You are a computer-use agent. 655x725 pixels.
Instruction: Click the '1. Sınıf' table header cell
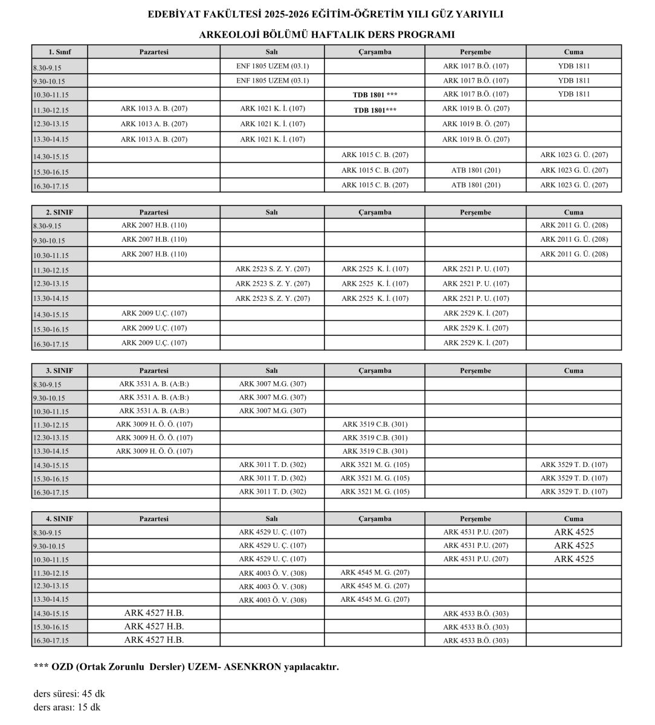(59, 52)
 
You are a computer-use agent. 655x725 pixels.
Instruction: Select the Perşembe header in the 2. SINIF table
(475, 212)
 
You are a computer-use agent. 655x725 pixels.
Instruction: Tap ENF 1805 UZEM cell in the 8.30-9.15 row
(272, 66)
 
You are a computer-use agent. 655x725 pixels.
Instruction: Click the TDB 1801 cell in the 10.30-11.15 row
(375, 95)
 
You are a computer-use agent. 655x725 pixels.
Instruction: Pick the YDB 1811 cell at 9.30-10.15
(573, 80)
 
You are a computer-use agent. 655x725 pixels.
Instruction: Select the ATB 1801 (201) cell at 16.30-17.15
(475, 185)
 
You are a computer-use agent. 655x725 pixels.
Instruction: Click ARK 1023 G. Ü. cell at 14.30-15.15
(573, 155)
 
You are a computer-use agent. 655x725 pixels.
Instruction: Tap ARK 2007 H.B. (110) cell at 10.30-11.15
(153, 254)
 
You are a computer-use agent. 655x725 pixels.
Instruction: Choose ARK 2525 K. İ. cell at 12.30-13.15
(375, 283)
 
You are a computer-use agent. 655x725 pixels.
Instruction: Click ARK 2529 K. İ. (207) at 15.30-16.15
(475, 328)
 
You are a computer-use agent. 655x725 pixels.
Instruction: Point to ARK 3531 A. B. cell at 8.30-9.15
(153, 384)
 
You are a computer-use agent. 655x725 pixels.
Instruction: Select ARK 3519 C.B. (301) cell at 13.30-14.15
(375, 451)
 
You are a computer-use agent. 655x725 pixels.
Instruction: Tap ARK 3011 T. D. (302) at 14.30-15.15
(272, 465)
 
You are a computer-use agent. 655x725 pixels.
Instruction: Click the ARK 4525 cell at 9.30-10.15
(573, 546)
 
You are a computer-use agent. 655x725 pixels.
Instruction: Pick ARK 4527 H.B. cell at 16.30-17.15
(153, 640)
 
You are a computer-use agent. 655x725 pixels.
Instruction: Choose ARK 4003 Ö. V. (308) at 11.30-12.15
(272, 573)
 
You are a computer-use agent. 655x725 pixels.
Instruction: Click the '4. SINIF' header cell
(59, 518)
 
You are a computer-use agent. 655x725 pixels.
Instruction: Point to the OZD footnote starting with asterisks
(186, 667)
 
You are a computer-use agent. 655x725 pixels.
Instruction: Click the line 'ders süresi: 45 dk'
(69, 694)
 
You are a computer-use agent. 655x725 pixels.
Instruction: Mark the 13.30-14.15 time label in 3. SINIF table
(51, 451)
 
